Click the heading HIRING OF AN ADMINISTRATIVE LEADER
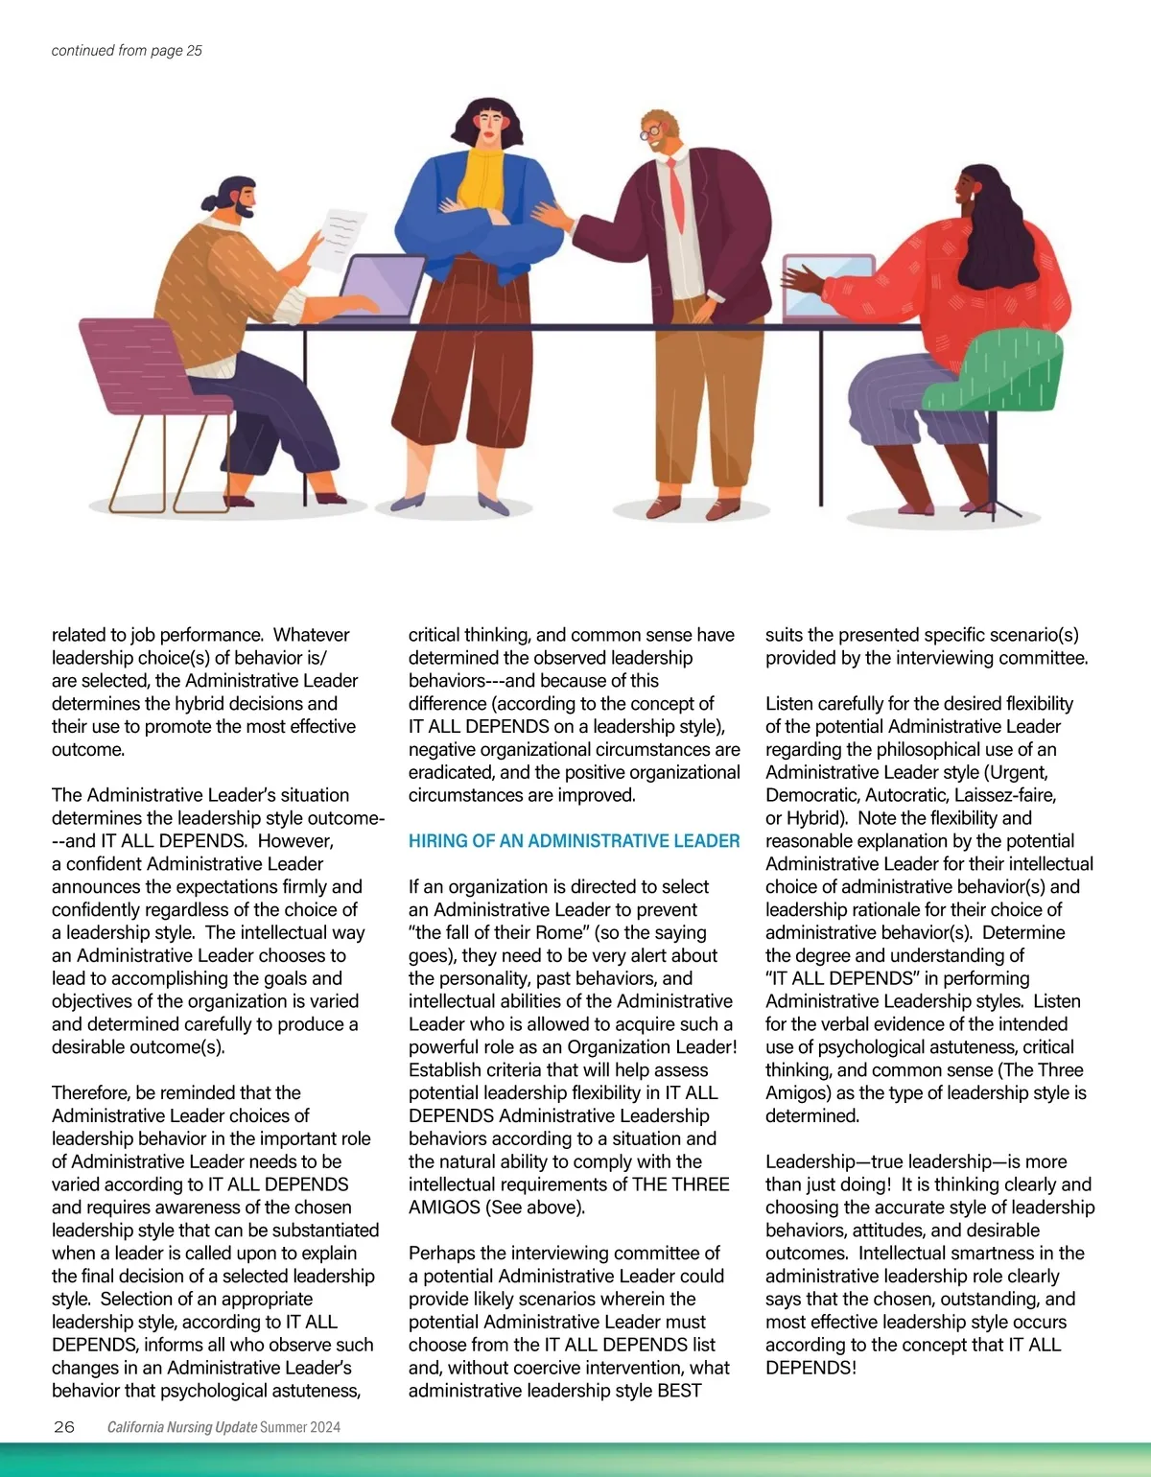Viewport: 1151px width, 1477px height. coord(574,841)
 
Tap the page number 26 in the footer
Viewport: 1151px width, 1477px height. coord(64,1426)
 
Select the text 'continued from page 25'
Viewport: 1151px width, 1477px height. coord(127,51)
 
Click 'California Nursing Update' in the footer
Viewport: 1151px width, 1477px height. coord(181,1427)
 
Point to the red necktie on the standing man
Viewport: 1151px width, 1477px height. coord(676,196)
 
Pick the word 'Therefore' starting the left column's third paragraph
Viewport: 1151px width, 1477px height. coord(91,1092)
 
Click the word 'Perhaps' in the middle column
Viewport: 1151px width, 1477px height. coord(439,1254)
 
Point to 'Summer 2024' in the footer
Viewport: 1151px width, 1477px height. coord(300,1427)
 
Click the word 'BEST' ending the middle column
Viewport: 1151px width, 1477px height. coord(679,1391)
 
